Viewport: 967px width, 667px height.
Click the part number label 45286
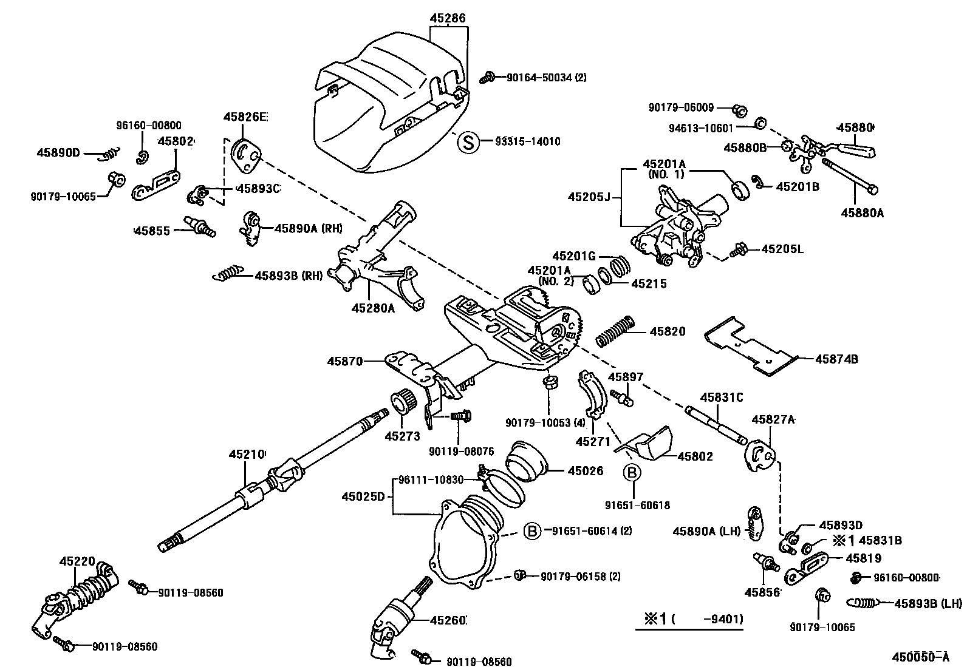point(448,18)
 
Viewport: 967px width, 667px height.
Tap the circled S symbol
point(468,142)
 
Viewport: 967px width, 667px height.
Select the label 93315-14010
point(527,141)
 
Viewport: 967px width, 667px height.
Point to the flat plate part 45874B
point(751,345)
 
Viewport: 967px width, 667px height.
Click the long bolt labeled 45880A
point(850,176)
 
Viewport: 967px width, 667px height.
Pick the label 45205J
point(589,197)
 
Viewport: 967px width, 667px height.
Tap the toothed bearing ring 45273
point(404,402)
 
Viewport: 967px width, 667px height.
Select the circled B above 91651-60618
point(632,473)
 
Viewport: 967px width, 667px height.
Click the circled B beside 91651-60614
point(532,530)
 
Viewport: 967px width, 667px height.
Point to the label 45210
point(247,455)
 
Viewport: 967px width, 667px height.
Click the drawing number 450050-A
point(921,657)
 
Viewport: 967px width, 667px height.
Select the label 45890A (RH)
point(309,228)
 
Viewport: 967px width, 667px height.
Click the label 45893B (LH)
point(928,603)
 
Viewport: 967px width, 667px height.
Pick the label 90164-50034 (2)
point(547,78)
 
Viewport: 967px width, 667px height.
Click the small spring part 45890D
point(108,154)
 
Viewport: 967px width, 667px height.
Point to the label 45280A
point(373,308)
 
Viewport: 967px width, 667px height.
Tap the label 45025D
point(363,496)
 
